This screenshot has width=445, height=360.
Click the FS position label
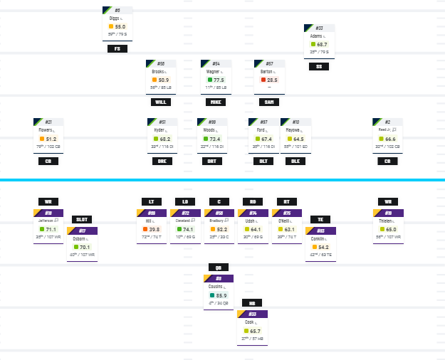117,49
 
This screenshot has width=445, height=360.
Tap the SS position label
319,67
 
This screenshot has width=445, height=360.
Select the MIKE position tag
215,102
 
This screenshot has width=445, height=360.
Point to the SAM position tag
269,102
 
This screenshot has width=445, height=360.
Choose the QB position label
219,268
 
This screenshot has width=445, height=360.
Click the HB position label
252,303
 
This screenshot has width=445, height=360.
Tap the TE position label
321,220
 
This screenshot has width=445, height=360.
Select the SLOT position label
82,220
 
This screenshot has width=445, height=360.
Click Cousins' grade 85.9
221,295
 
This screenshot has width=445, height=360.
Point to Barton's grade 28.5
272,80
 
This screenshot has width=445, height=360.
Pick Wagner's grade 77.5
218,80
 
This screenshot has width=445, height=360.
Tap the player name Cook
250,322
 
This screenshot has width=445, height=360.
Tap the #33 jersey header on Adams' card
319,28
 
